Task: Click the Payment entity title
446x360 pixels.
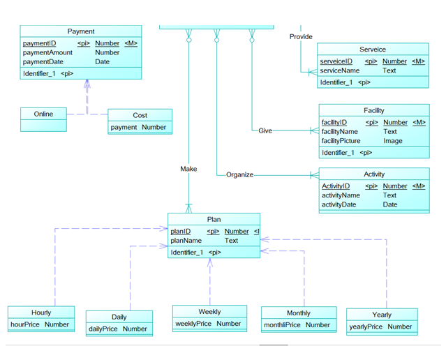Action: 81,31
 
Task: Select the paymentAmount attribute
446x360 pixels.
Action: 47,52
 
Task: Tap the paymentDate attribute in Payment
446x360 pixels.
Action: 43,61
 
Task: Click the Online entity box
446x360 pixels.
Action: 43,114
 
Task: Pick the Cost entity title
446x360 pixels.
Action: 140,115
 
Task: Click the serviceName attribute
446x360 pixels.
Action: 340,70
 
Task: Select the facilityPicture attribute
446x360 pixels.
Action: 341,141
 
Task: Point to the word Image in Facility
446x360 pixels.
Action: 393,141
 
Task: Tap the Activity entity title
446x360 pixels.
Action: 374,174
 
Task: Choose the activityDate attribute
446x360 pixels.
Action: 339,204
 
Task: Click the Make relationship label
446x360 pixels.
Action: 188,169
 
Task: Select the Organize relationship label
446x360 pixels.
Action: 239,174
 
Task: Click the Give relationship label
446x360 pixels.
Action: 265,130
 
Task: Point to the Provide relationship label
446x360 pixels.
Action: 301,36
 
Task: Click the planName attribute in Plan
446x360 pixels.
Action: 186,241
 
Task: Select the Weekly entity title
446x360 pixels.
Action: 209,312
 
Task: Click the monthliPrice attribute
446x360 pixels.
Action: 282,325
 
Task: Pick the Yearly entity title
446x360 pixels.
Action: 382,315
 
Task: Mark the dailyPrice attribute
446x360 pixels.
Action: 103,329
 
